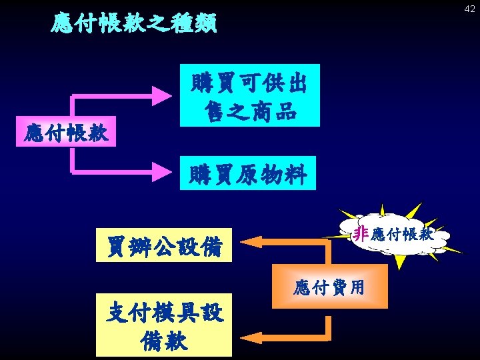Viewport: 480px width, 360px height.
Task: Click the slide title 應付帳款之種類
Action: (134, 24)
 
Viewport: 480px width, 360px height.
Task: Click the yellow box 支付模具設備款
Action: (164, 325)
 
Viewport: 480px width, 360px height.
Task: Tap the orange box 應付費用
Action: (330, 286)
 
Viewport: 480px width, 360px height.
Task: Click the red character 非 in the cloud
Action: (361, 233)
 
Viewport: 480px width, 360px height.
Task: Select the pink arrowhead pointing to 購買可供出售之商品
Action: (162, 95)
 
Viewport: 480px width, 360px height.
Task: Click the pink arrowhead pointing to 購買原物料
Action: (162, 172)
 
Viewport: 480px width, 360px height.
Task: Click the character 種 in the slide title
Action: (167, 24)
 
